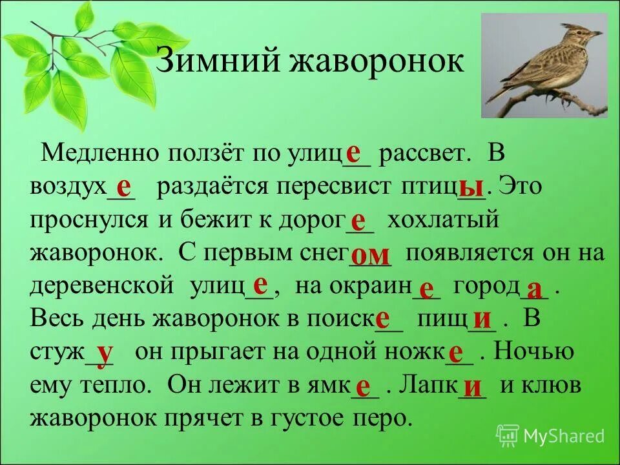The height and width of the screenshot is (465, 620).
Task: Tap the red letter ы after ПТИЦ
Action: tap(471, 187)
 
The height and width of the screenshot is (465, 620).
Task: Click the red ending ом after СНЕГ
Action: tap(370, 254)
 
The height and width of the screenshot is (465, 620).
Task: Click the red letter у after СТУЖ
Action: tap(105, 353)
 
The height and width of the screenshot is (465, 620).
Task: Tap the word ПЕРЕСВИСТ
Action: tap(336, 187)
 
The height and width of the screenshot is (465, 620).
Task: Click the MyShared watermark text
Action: tap(564, 436)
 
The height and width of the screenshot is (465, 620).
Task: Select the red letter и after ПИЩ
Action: tap(482, 319)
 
